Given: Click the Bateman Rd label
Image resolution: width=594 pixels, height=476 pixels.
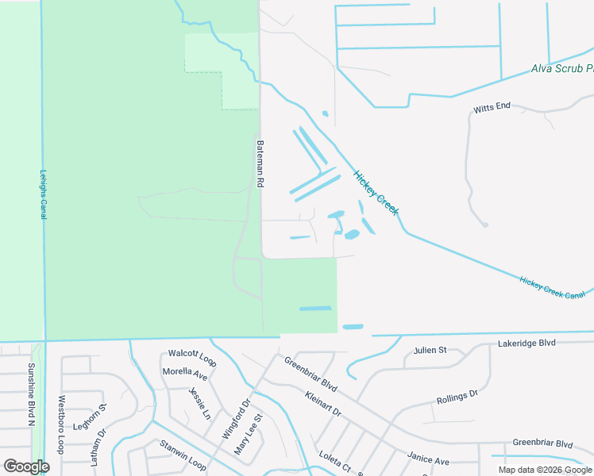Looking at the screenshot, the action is (260, 164).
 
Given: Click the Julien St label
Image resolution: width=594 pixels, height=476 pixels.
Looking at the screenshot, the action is (430, 350).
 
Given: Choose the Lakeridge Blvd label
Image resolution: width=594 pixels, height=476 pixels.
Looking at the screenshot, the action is (526, 344).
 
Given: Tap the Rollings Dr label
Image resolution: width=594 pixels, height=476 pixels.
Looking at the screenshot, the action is (457, 397).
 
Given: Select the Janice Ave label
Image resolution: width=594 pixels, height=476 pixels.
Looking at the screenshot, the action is (428, 458).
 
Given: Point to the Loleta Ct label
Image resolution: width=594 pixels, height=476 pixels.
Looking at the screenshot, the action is (334, 461).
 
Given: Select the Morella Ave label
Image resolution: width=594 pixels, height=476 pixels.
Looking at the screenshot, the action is (184, 372).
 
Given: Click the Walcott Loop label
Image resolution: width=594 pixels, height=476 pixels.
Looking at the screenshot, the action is (192, 356).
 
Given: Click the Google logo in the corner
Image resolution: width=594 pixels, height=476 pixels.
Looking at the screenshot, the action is (27, 466).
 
